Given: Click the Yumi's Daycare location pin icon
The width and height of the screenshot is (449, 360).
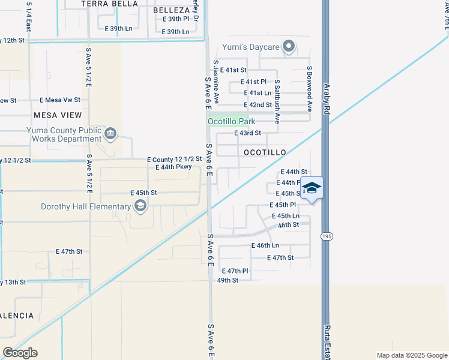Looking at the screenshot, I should [289, 46].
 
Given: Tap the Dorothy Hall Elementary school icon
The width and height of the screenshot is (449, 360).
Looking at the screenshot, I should [140, 207].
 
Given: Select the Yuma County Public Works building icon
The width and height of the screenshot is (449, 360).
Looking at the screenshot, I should [110, 133].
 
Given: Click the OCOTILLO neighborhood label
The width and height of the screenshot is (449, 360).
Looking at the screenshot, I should [265, 152].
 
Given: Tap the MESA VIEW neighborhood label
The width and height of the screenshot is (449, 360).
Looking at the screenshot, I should [58, 115].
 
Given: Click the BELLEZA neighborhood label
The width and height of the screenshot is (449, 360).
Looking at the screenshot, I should [172, 10].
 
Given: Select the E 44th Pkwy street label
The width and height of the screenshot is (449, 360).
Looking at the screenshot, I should [173, 167].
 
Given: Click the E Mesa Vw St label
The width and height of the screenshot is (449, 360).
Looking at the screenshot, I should [59, 100].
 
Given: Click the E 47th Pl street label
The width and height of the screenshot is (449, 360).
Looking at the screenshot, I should [234, 271].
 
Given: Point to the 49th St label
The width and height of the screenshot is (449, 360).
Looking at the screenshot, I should [228, 280].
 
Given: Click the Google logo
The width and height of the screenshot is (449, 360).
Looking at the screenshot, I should [20, 352].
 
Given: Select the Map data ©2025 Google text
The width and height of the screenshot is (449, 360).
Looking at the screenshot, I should [411, 355].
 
